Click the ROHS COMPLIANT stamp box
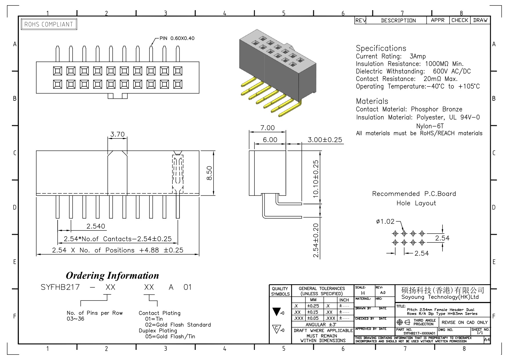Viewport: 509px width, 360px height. click(x=49, y=24)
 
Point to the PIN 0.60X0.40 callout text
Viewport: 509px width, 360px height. click(x=177, y=38)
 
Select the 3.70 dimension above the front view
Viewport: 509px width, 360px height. click(x=118, y=134)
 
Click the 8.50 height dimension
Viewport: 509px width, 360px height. click(x=209, y=173)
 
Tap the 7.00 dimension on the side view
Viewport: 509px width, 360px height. click(x=267, y=128)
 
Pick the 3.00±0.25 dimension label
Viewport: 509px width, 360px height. click(x=325, y=140)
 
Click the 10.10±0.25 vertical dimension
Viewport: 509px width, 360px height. click(x=316, y=179)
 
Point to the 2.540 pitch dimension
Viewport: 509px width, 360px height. click(x=96, y=226)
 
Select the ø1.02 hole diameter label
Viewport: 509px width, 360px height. click(x=385, y=222)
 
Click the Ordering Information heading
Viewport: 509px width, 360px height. click(x=112, y=275)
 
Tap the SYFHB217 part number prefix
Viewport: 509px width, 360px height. click(x=60, y=287)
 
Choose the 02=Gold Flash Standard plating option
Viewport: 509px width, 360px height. click(x=178, y=325)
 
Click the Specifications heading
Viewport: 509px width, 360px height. click(x=381, y=48)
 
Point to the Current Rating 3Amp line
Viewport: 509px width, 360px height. click(x=391, y=56)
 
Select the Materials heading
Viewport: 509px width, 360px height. click(x=372, y=101)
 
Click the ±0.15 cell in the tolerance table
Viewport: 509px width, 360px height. click(x=313, y=312)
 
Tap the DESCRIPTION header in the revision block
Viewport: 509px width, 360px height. click(x=398, y=20)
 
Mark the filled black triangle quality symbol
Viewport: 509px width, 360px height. click(x=277, y=312)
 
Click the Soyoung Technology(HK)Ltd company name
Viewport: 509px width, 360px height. click(x=440, y=297)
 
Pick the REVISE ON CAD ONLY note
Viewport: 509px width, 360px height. click(x=465, y=322)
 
